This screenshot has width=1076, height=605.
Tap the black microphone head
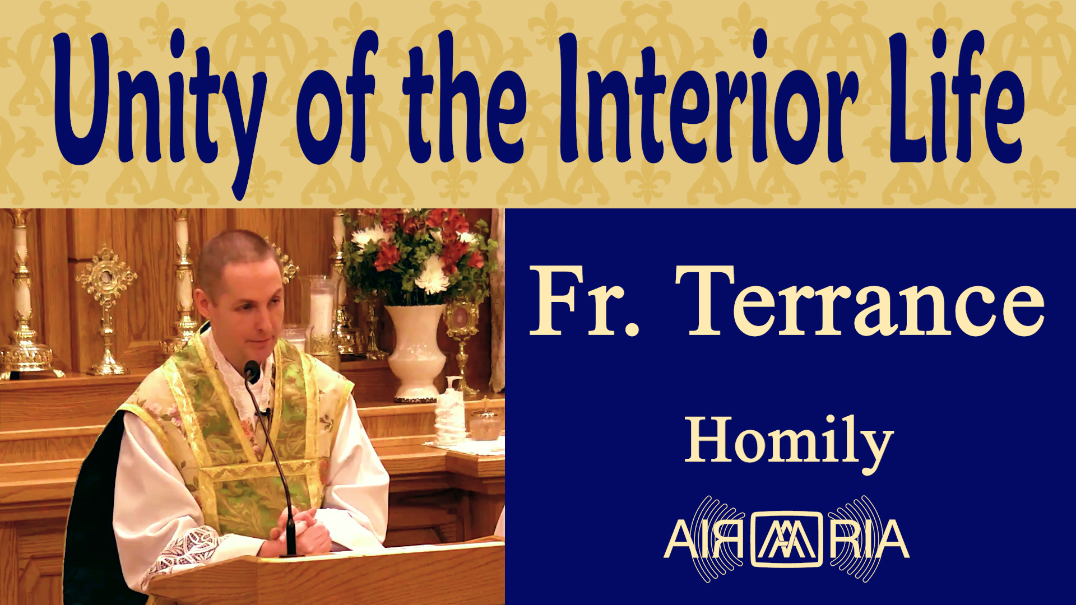point(252,371)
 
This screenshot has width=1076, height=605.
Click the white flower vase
point(416,353)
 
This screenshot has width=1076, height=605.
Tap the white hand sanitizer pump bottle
point(451,412)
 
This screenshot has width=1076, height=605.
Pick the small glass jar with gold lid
point(485,422)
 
